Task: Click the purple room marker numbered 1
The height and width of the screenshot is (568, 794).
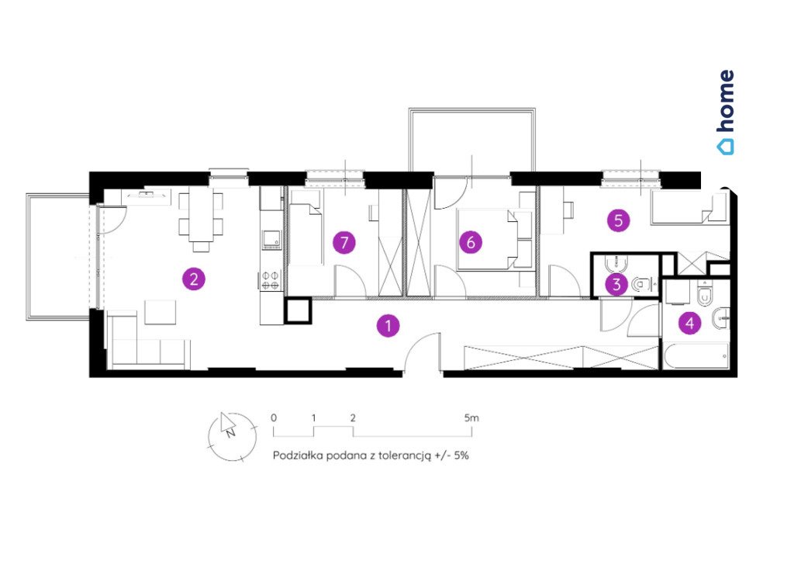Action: coord(388,326)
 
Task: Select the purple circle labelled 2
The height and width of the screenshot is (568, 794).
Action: coord(194,279)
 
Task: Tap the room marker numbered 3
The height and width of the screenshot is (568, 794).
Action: coord(616,284)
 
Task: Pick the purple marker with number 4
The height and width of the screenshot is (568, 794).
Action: coord(689,323)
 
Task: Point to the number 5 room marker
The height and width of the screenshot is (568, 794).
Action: coord(618,220)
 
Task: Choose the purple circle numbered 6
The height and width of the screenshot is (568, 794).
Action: coord(471,242)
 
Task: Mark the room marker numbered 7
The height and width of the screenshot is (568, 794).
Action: coord(344,243)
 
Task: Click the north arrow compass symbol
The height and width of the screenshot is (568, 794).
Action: coord(233,437)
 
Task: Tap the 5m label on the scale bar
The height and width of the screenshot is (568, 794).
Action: coord(471,418)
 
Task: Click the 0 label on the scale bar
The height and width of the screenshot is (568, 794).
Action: coord(274,418)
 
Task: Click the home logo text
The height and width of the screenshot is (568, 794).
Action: coord(726,112)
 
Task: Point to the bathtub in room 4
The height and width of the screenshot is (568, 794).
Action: coord(696,356)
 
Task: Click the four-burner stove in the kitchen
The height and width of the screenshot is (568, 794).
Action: coord(271,280)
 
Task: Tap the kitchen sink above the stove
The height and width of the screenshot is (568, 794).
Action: coord(271,240)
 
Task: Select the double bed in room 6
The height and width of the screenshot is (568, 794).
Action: coord(488,239)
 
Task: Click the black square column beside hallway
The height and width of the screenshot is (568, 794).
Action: coord(297,310)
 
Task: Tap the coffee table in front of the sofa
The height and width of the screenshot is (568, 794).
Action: coord(161,312)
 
